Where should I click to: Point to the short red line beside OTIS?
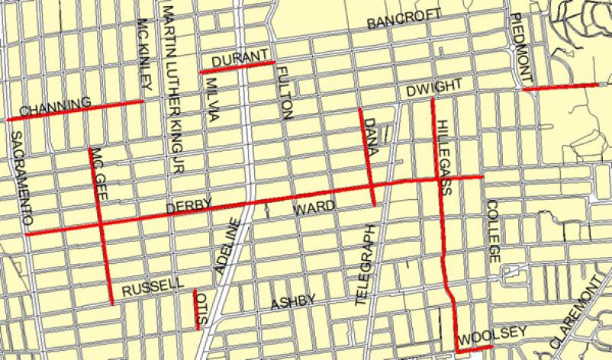tap(195, 301)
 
